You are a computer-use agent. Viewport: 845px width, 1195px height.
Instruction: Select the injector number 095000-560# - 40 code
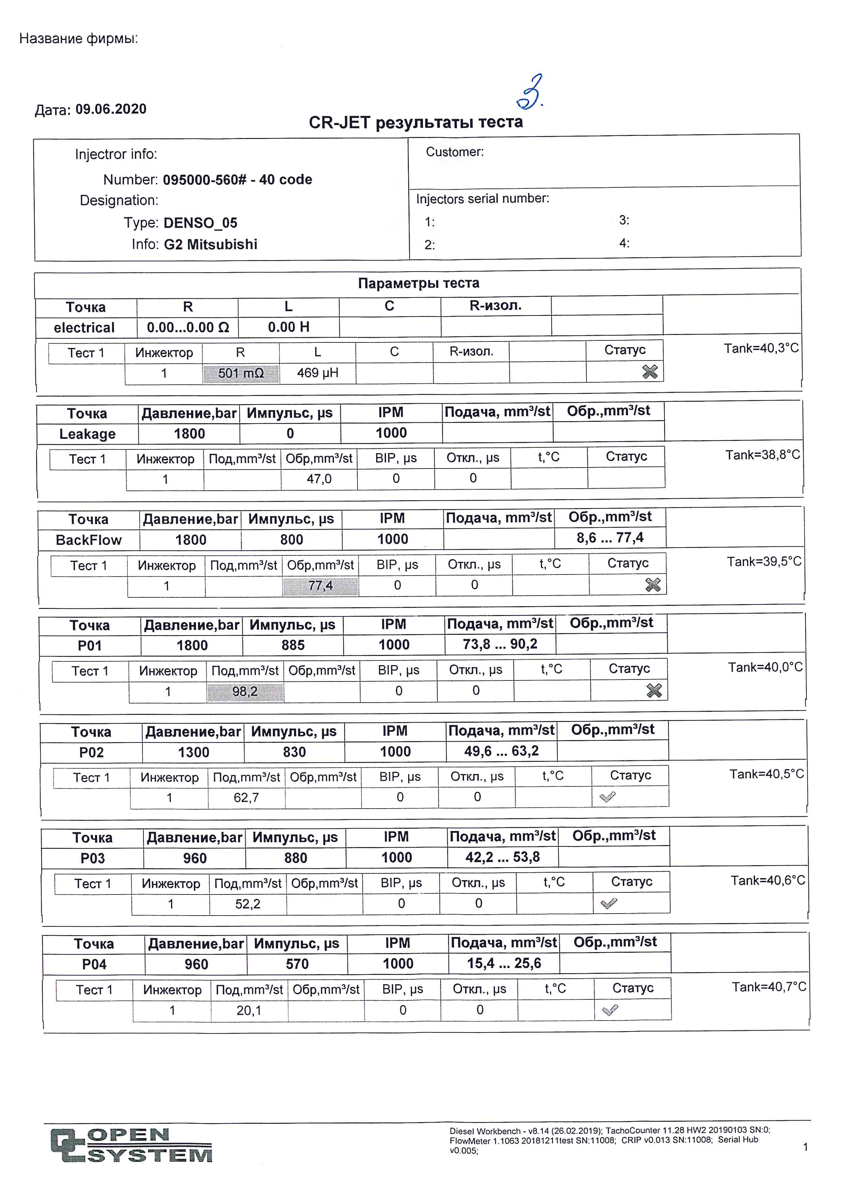(x=237, y=180)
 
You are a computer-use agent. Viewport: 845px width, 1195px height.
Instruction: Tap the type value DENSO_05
(x=200, y=223)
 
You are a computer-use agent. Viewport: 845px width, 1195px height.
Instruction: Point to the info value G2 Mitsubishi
(x=211, y=244)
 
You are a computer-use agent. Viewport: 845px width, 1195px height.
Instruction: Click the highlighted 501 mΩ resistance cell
(x=241, y=373)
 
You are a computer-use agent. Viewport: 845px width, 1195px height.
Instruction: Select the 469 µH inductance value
(x=318, y=373)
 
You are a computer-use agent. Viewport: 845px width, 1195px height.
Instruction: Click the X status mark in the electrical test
(x=650, y=372)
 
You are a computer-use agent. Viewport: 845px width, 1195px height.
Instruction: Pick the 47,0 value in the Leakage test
(x=319, y=479)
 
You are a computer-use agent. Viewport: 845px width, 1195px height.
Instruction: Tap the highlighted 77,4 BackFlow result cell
(x=321, y=585)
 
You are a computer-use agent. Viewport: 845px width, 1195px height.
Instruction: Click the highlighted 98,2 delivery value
(x=245, y=692)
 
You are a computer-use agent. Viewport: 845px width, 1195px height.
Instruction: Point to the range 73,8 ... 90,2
(x=500, y=644)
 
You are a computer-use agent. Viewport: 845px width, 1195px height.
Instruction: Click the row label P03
(x=93, y=858)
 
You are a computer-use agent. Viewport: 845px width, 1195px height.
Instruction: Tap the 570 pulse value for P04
(x=297, y=964)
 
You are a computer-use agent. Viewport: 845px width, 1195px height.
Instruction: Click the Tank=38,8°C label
(x=763, y=455)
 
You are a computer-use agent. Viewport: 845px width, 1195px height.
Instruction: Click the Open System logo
(x=132, y=1145)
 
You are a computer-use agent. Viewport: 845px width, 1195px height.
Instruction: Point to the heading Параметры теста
(x=418, y=283)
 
